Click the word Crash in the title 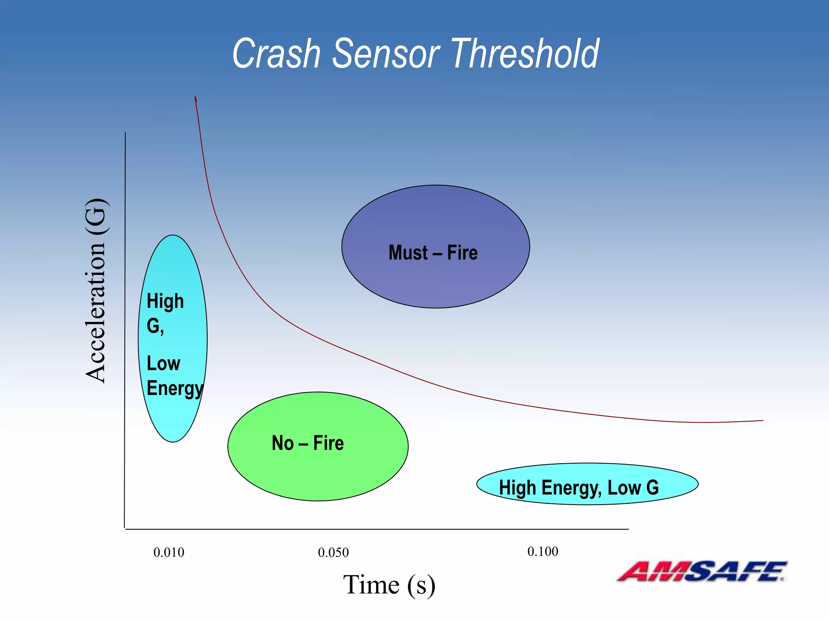[276, 54]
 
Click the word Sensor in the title [386, 54]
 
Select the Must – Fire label [433, 253]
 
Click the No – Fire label [308, 443]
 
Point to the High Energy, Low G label [579, 488]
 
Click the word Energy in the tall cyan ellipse [174, 388]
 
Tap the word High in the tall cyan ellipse [165, 301]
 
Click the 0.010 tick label [169, 552]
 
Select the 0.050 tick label [333, 552]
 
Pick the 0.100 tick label [542, 552]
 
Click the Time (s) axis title [389, 585]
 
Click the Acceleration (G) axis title [96, 290]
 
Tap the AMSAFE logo [702, 571]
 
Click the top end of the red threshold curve [195, 97]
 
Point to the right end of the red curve [762, 421]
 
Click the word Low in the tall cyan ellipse [163, 363]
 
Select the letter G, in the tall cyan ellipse [155, 326]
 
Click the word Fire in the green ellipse [328, 443]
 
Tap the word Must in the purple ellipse [408, 253]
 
